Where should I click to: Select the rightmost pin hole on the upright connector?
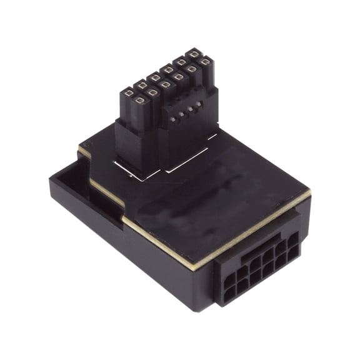(205, 62)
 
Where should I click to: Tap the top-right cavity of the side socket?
(291, 237)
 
